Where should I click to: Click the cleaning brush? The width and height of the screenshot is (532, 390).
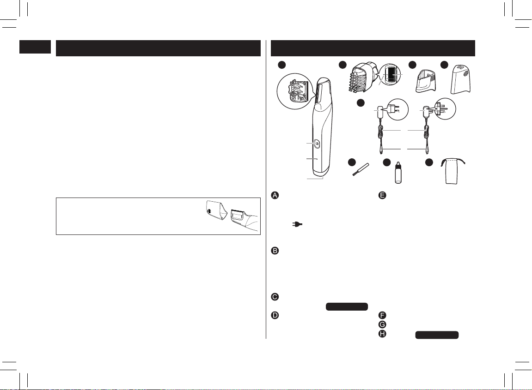(361, 169)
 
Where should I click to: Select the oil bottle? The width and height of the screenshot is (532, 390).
(398, 173)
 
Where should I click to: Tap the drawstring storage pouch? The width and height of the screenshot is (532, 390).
(453, 171)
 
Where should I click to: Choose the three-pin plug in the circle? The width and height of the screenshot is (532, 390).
(440, 109)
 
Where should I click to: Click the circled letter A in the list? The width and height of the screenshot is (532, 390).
(275, 195)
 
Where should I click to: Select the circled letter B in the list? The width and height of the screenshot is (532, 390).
(275, 251)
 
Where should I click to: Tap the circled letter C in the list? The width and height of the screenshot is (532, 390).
(275, 297)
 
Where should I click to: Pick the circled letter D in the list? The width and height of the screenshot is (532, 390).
(275, 315)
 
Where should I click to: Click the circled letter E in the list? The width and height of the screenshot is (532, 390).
(382, 195)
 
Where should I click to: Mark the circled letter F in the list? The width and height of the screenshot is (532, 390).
(382, 315)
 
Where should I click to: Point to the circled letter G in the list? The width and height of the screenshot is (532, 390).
(382, 324)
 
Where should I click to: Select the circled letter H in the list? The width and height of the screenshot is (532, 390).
(382, 334)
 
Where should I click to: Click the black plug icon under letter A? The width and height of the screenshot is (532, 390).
(297, 224)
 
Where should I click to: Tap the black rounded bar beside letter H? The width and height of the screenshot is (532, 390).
(437, 335)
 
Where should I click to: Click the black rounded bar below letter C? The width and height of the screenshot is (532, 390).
(347, 306)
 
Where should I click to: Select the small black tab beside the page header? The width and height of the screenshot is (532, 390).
(35, 47)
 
